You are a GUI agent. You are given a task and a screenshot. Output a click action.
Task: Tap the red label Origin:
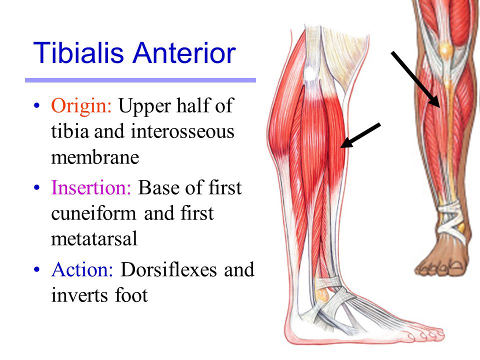tap(82, 106)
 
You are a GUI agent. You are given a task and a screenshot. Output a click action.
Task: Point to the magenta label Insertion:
tap(91, 188)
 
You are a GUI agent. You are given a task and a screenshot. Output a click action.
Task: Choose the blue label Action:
tap(83, 270)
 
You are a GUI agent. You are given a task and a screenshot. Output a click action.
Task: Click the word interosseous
tap(182, 131)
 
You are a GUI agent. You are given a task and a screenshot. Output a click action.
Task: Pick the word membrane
tap(94, 157)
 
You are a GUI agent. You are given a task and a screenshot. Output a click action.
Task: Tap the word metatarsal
tap(94, 239)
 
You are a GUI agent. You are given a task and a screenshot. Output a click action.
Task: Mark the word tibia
tap(68, 131)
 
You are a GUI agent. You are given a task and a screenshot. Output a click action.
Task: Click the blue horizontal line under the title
tap(140, 80)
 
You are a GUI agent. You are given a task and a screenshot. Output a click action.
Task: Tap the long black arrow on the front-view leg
tap(415, 79)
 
